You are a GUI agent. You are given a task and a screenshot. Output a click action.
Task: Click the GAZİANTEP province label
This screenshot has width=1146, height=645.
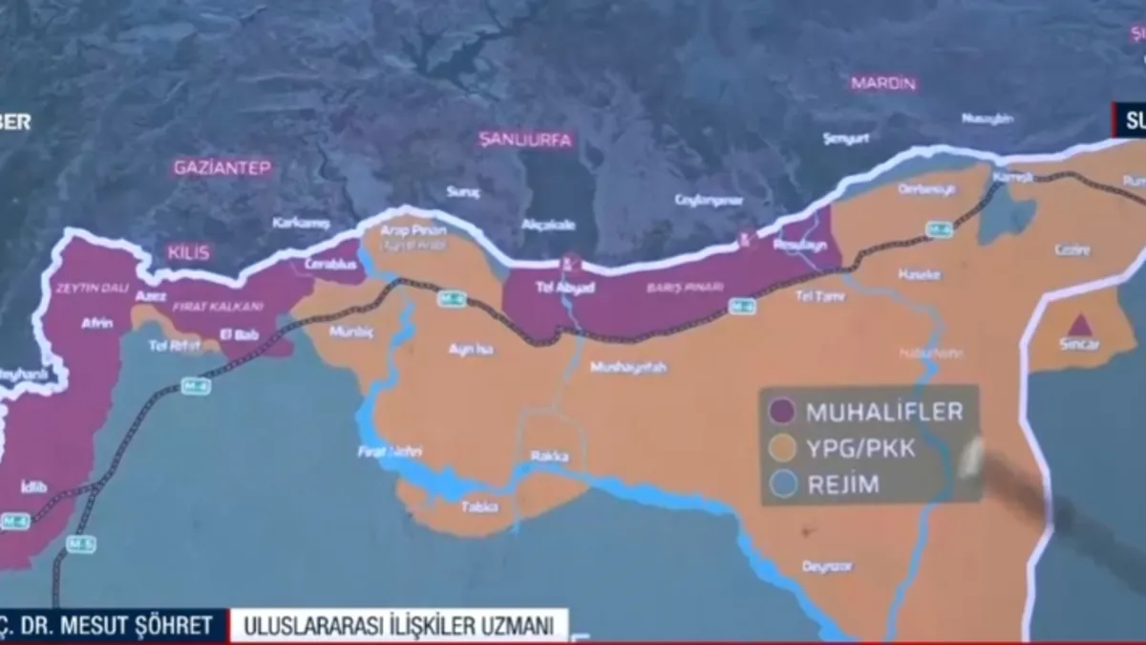(223, 167)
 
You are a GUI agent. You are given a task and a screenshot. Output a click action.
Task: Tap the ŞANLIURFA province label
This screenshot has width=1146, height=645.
(525, 140)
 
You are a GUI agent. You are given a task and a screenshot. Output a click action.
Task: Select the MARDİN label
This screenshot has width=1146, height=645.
(883, 83)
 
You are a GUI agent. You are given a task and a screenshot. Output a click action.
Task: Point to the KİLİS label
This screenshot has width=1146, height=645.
(188, 253)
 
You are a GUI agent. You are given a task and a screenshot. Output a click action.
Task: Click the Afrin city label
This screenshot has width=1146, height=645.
(96, 323)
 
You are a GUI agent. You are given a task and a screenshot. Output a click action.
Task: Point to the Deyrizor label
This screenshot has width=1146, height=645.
(827, 566)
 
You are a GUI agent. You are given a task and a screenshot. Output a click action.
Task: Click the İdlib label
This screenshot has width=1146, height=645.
(33, 487)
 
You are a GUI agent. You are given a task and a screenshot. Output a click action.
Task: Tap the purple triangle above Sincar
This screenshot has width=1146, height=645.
(1079, 325)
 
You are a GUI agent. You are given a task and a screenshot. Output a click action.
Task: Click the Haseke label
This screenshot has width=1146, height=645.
(919, 274)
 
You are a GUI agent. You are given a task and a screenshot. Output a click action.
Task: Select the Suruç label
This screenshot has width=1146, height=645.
(463, 192)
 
